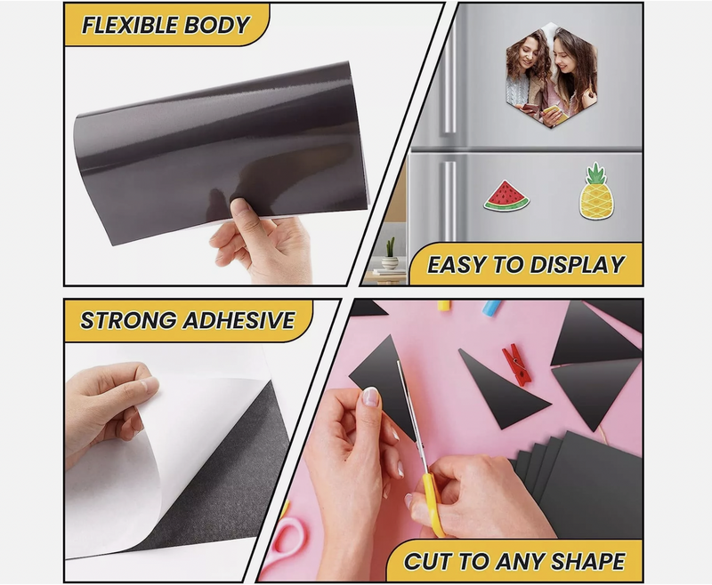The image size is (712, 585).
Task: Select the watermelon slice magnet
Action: (x=506, y=196)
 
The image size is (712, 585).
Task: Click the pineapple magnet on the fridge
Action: (x=595, y=191)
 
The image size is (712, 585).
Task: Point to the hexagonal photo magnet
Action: (x=552, y=75)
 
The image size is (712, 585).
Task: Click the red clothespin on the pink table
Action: (x=517, y=365)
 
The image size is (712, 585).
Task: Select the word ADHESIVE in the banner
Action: (x=239, y=320)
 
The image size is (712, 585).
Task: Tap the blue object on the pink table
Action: (x=492, y=308)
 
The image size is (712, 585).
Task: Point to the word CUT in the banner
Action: (x=428, y=561)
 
